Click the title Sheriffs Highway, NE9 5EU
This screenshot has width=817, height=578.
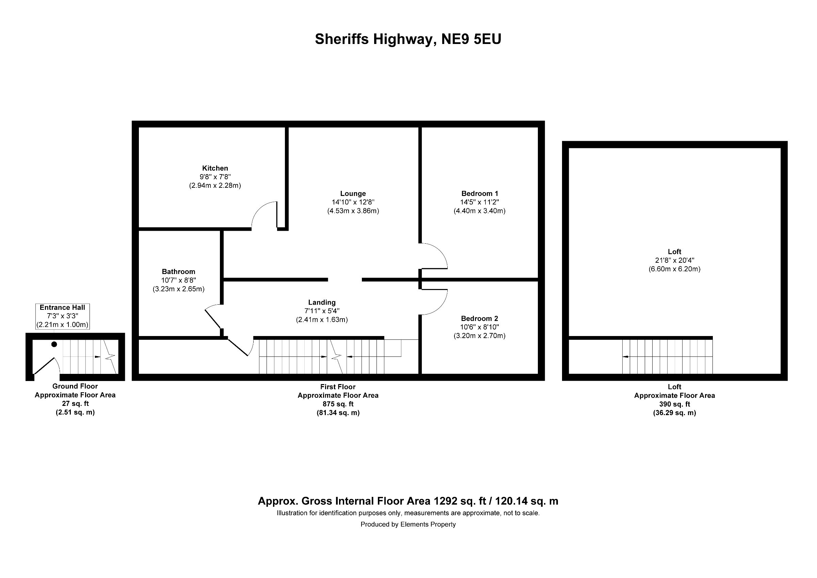[408, 39]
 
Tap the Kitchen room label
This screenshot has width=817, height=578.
[215, 168]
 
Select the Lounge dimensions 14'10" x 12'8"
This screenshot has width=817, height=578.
[353, 202]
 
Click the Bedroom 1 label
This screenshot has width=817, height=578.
[479, 193]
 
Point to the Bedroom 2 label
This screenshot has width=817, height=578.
[479, 318]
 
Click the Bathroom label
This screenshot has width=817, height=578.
[178, 271]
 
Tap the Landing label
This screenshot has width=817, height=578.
[322, 302]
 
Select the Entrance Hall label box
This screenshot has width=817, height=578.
[62, 316]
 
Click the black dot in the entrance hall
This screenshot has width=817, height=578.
[54, 344]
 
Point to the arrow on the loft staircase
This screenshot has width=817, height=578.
[625, 356]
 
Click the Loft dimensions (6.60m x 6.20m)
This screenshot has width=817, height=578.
[674, 269]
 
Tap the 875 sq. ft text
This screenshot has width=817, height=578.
[338, 404]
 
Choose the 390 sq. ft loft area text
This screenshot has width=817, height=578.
[674, 404]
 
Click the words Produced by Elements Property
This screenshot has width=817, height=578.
[408, 524]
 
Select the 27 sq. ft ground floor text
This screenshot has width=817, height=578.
[75, 404]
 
